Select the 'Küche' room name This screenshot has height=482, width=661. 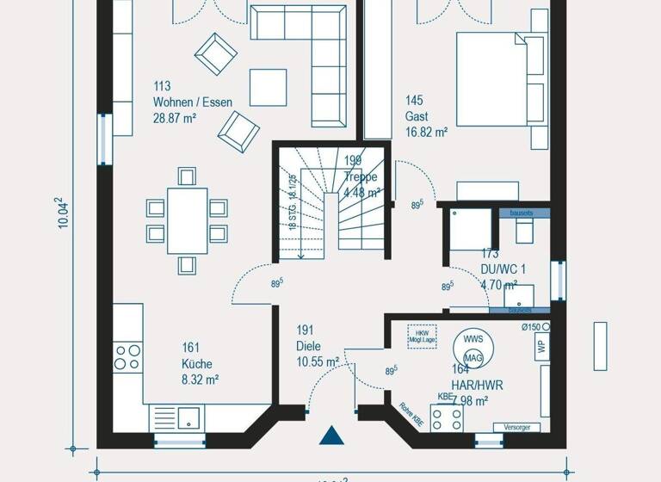(196, 363)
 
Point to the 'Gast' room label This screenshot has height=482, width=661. (417, 117)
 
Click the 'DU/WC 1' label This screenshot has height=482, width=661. (503, 269)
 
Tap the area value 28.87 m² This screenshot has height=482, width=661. (175, 117)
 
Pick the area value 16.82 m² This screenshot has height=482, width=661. (427, 133)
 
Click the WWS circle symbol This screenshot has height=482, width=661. (473, 338)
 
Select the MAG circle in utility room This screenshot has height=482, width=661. (473, 357)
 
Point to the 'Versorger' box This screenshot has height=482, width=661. (517, 427)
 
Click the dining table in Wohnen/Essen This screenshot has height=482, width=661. (187, 220)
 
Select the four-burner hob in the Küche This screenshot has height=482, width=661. (127, 356)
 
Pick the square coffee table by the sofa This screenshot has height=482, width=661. (268, 87)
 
